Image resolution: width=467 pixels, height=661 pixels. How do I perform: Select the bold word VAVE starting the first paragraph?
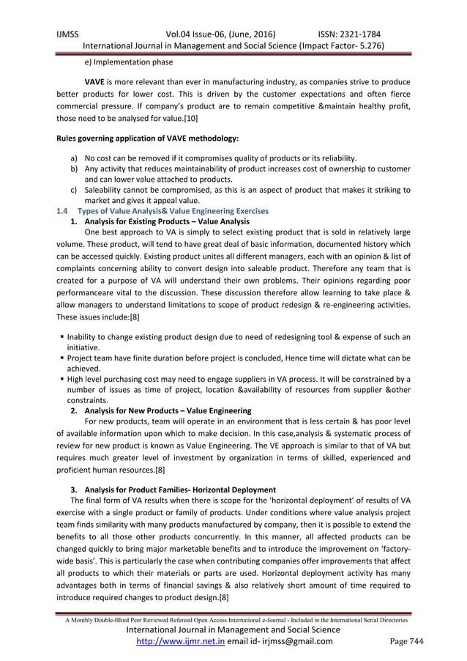(x=98, y=81)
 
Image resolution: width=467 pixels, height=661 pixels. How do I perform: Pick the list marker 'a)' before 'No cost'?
(x=74, y=158)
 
